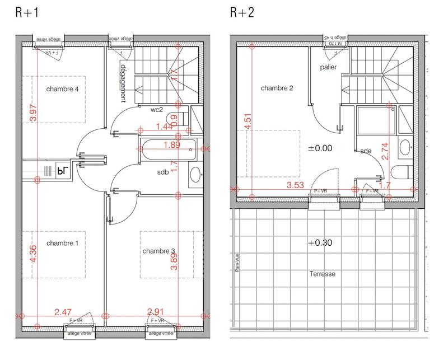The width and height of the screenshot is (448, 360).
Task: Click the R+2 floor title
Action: [x=241, y=13]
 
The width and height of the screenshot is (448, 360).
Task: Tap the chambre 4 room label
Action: [x=62, y=89]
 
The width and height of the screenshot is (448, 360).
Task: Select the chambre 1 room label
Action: [x=62, y=244]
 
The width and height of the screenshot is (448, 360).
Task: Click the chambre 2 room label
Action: [x=277, y=88]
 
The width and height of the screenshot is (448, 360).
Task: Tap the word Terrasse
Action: [x=322, y=274]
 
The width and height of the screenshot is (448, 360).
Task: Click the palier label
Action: [x=328, y=67]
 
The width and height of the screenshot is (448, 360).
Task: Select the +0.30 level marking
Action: [x=320, y=244]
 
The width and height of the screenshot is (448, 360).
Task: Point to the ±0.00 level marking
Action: [x=320, y=148]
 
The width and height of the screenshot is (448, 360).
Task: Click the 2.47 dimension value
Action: [x=64, y=311]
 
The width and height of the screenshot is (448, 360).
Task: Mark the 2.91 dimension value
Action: [x=157, y=311]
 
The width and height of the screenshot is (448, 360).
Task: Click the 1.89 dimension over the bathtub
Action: [x=172, y=145]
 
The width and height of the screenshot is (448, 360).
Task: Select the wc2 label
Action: [x=156, y=110]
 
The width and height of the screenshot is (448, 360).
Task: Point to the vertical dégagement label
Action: [x=123, y=82]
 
